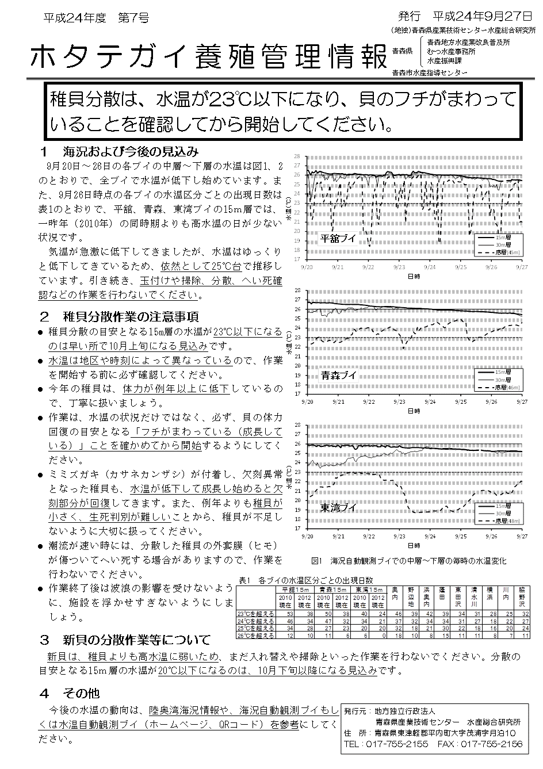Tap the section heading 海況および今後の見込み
tap(131, 152)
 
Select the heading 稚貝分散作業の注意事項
tap(131, 316)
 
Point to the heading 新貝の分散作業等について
tap(136, 640)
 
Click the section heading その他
tap(81, 693)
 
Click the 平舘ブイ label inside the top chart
tap(338, 238)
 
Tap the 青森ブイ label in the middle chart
tap(338, 376)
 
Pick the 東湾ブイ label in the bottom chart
tap(338, 508)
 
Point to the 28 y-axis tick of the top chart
tap(297, 156)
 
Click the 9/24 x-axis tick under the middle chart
tap(430, 402)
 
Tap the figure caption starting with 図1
tap(408, 560)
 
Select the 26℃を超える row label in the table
tap(257, 636)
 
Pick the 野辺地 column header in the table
tap(411, 596)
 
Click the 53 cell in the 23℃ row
tap(289, 614)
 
